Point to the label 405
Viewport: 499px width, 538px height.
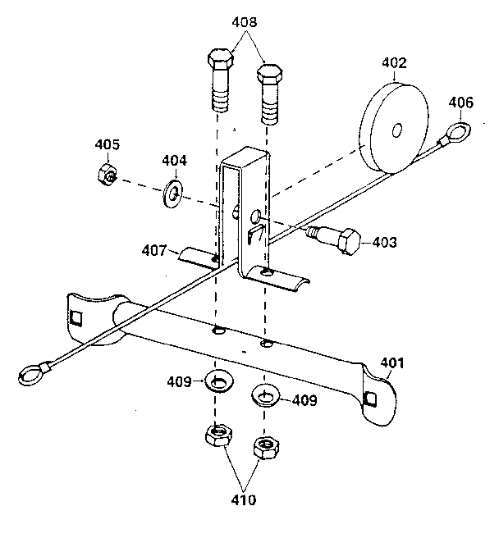[x=107, y=144]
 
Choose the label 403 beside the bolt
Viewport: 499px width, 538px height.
[x=383, y=242]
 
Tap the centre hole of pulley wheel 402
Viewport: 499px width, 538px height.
[x=396, y=129]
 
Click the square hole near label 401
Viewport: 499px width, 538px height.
[x=371, y=398]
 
